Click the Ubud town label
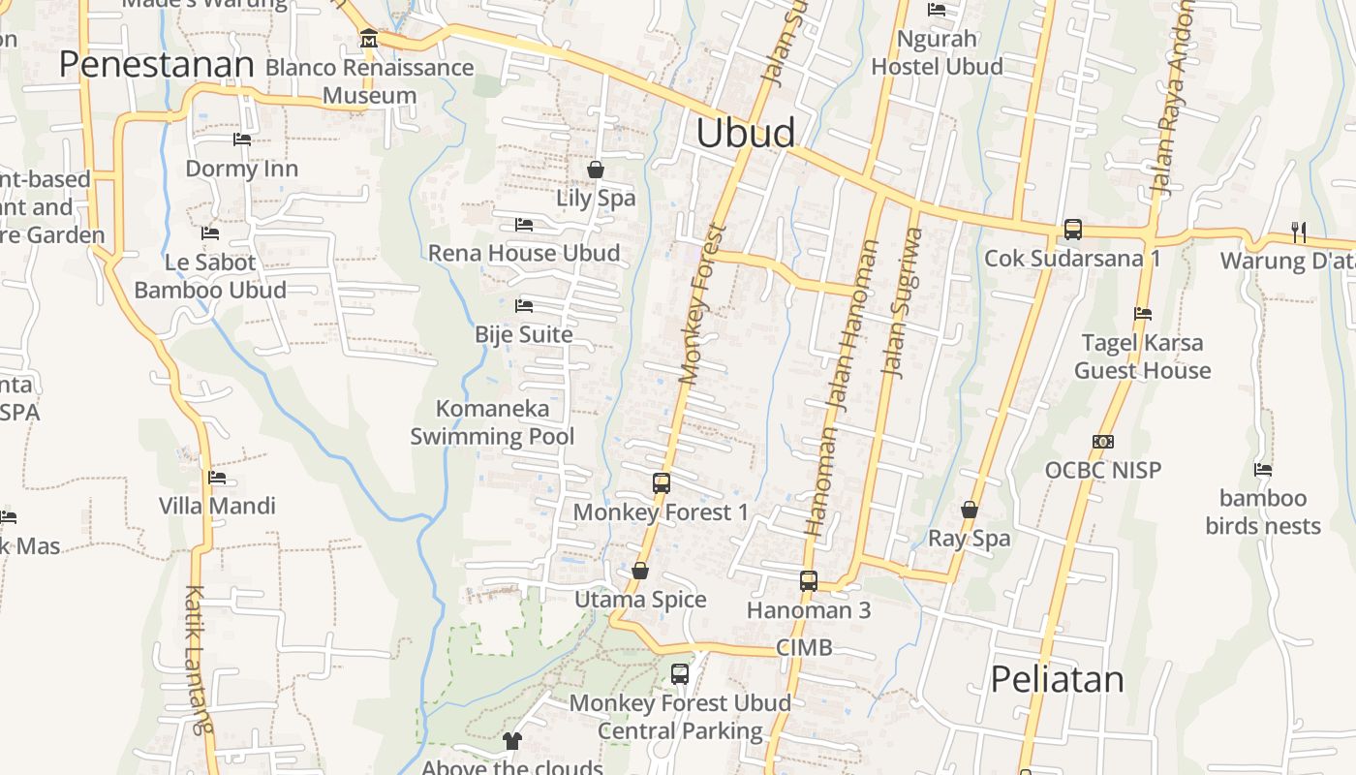tap(746, 134)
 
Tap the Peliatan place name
tap(1057, 679)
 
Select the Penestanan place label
tap(156, 65)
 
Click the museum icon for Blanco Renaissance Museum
tap(369, 39)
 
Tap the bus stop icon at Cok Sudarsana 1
tap(1072, 230)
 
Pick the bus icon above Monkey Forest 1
tap(662, 482)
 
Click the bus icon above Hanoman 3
tap(809, 581)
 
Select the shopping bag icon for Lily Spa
tap(596, 170)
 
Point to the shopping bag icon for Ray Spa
tap(970, 510)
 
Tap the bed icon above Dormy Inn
tap(242, 139)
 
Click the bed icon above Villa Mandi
tap(217, 478)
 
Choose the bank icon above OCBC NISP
tap(1102, 442)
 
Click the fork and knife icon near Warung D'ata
tap(1299, 232)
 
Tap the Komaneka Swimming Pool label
tap(492, 422)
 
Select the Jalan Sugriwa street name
tap(900, 301)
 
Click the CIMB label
tap(804, 647)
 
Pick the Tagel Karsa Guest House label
tap(1142, 356)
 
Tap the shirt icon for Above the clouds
tap(512, 741)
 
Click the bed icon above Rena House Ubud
tap(524, 225)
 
